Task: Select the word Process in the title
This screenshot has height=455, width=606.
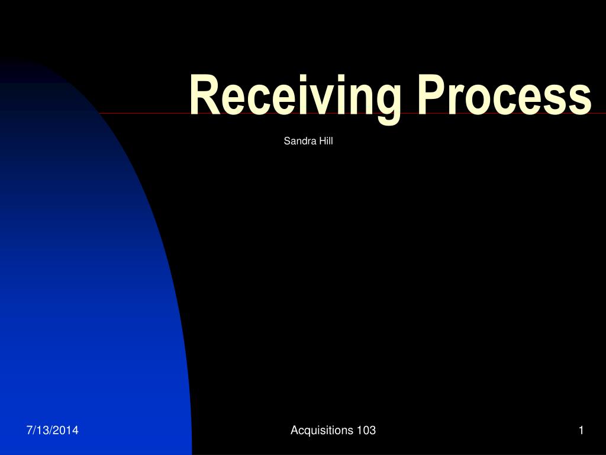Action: click(503, 95)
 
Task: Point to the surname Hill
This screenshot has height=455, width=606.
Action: click(326, 141)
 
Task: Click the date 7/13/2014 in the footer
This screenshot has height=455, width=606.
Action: click(52, 431)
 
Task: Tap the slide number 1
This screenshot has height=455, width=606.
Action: click(581, 431)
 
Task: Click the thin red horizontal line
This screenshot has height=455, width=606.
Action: click(142, 113)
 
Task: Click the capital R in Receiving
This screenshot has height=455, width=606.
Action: click(203, 95)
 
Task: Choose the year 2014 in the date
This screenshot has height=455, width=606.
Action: click(68, 431)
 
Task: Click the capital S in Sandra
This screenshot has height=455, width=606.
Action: click(287, 141)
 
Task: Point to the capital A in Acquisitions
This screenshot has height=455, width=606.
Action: click(294, 431)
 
